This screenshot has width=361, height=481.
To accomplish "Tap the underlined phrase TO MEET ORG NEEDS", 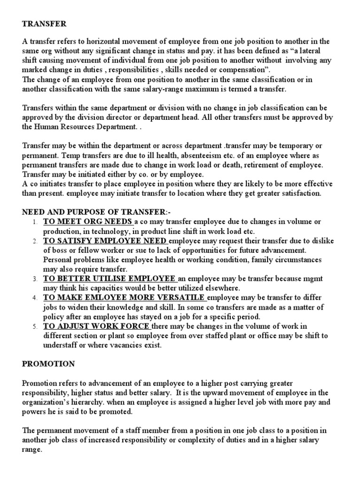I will (88, 222).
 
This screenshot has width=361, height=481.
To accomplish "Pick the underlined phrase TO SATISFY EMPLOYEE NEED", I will (104, 241).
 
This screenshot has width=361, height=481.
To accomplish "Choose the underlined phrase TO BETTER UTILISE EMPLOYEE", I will (109, 279).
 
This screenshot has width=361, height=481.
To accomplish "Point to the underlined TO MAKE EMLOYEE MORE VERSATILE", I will (124, 298).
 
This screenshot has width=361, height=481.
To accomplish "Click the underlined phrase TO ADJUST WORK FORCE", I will (96, 326).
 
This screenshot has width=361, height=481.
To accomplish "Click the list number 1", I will (35, 222).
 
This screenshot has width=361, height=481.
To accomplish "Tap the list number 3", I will (35, 279).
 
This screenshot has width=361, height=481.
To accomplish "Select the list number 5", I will (35, 327).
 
